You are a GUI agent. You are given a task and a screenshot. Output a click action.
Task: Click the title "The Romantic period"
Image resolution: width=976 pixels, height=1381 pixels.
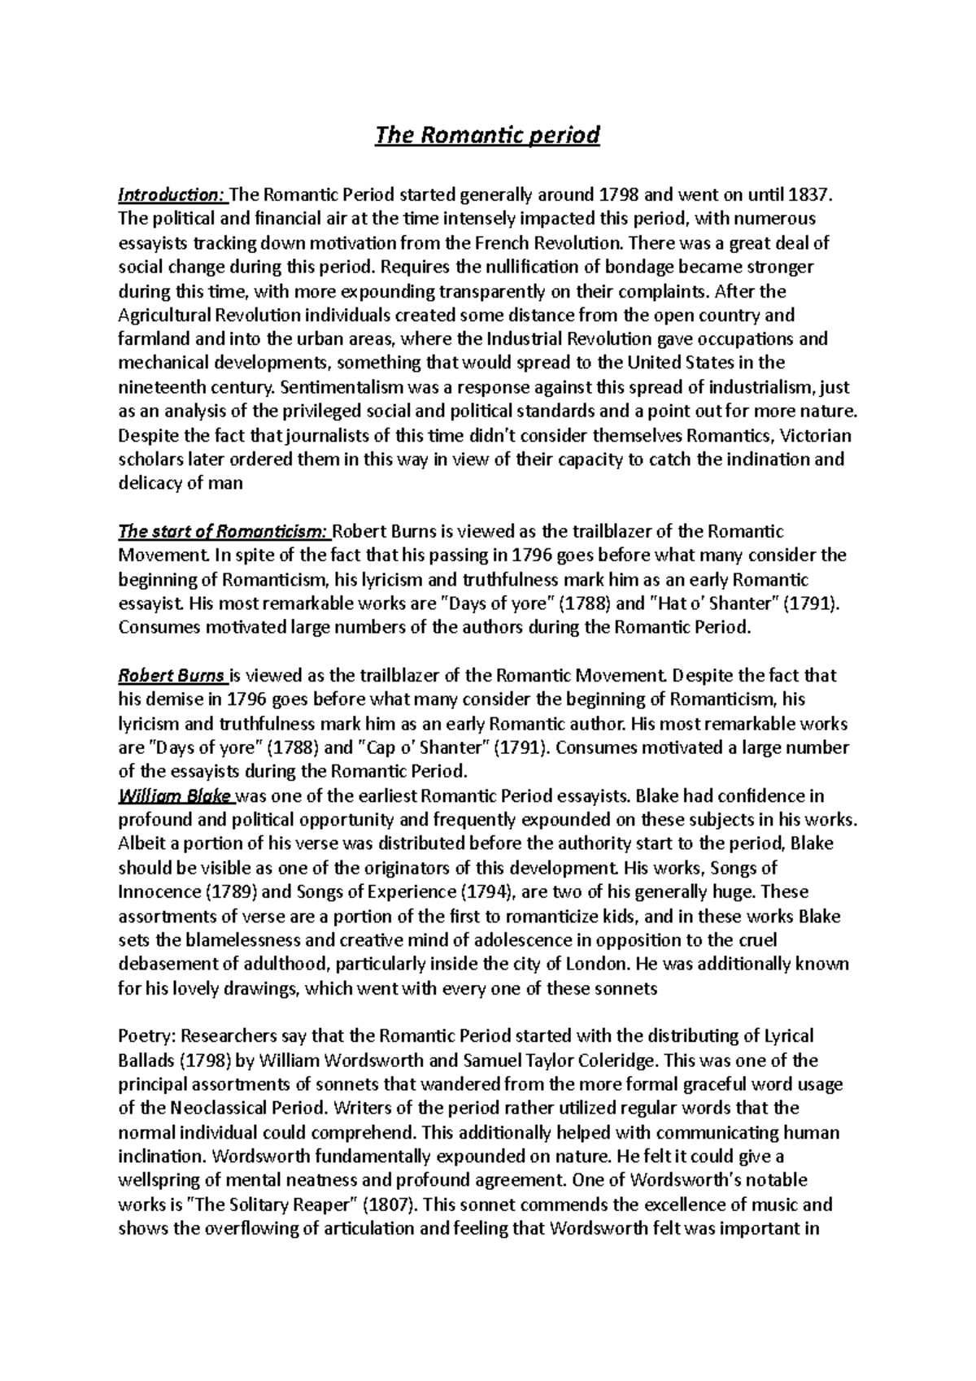[x=486, y=134]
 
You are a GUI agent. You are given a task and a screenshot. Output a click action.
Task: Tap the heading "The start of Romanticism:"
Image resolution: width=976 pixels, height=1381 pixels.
[x=224, y=532]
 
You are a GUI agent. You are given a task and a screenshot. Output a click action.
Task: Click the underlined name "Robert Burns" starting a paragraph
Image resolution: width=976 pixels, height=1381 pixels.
[x=172, y=676]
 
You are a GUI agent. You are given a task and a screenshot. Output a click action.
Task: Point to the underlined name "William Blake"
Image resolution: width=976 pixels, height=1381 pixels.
[x=175, y=795]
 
